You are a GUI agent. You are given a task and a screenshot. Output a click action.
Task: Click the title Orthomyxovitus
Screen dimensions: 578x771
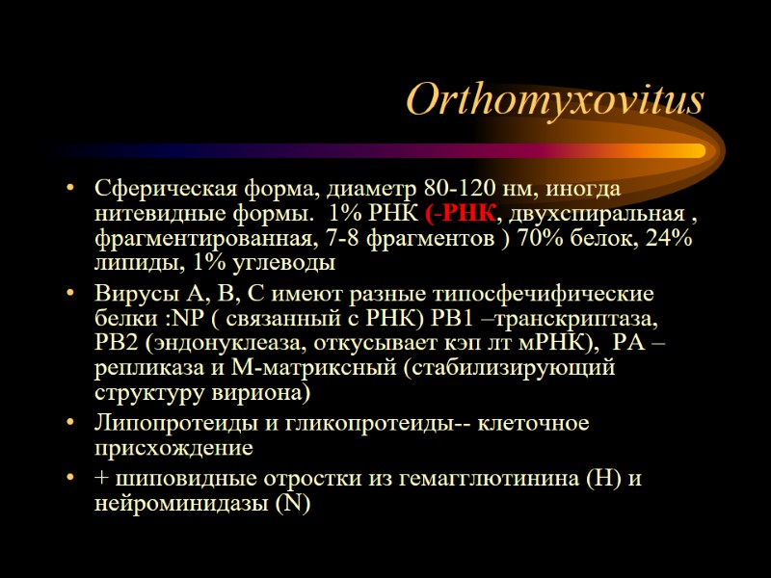(x=555, y=100)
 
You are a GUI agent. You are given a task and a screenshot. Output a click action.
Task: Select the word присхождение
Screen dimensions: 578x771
(x=173, y=448)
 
